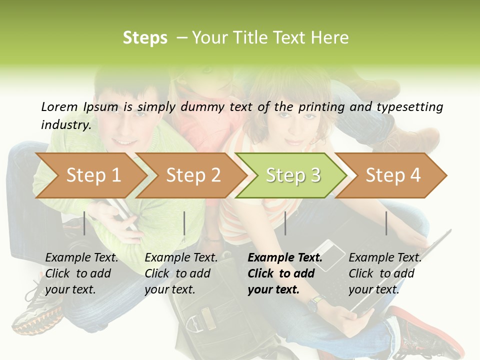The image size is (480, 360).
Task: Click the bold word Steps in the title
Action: point(145,38)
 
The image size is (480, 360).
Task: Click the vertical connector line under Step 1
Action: point(84,223)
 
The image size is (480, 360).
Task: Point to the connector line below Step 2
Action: point(184,223)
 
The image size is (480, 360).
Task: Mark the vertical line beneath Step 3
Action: point(285,223)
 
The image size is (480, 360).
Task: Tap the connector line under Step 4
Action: point(386,223)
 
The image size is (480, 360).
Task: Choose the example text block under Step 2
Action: point(181,273)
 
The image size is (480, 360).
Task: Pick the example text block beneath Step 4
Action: point(385,273)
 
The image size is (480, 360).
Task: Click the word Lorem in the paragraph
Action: point(59,106)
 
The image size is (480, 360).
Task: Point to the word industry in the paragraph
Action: point(65,124)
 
